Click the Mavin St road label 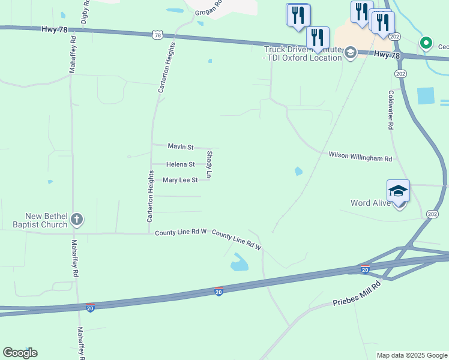tap(180, 146)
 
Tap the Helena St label tap(180, 164)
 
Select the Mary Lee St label tap(180, 180)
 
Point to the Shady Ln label tap(209, 164)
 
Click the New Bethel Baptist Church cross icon tap(77, 220)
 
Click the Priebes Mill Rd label tap(357, 295)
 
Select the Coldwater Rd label tap(390, 110)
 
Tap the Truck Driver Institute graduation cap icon tap(349, 53)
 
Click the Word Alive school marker tap(398, 191)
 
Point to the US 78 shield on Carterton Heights tap(157, 35)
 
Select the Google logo tap(20, 353)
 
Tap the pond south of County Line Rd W tap(240, 262)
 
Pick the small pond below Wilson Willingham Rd tap(298, 172)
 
